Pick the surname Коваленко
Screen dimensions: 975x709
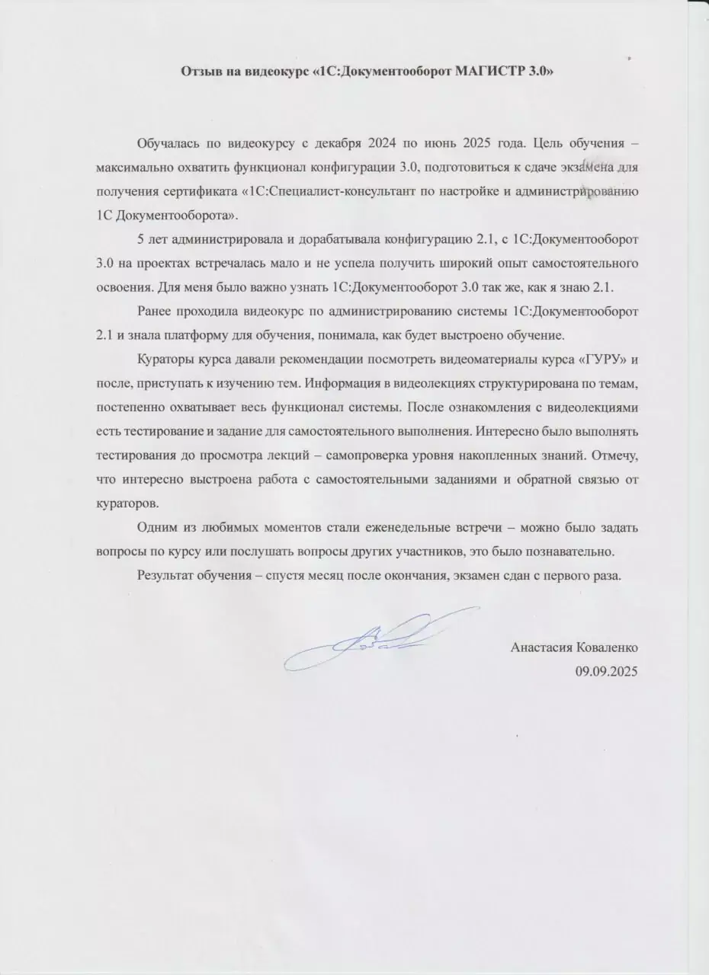(608, 647)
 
